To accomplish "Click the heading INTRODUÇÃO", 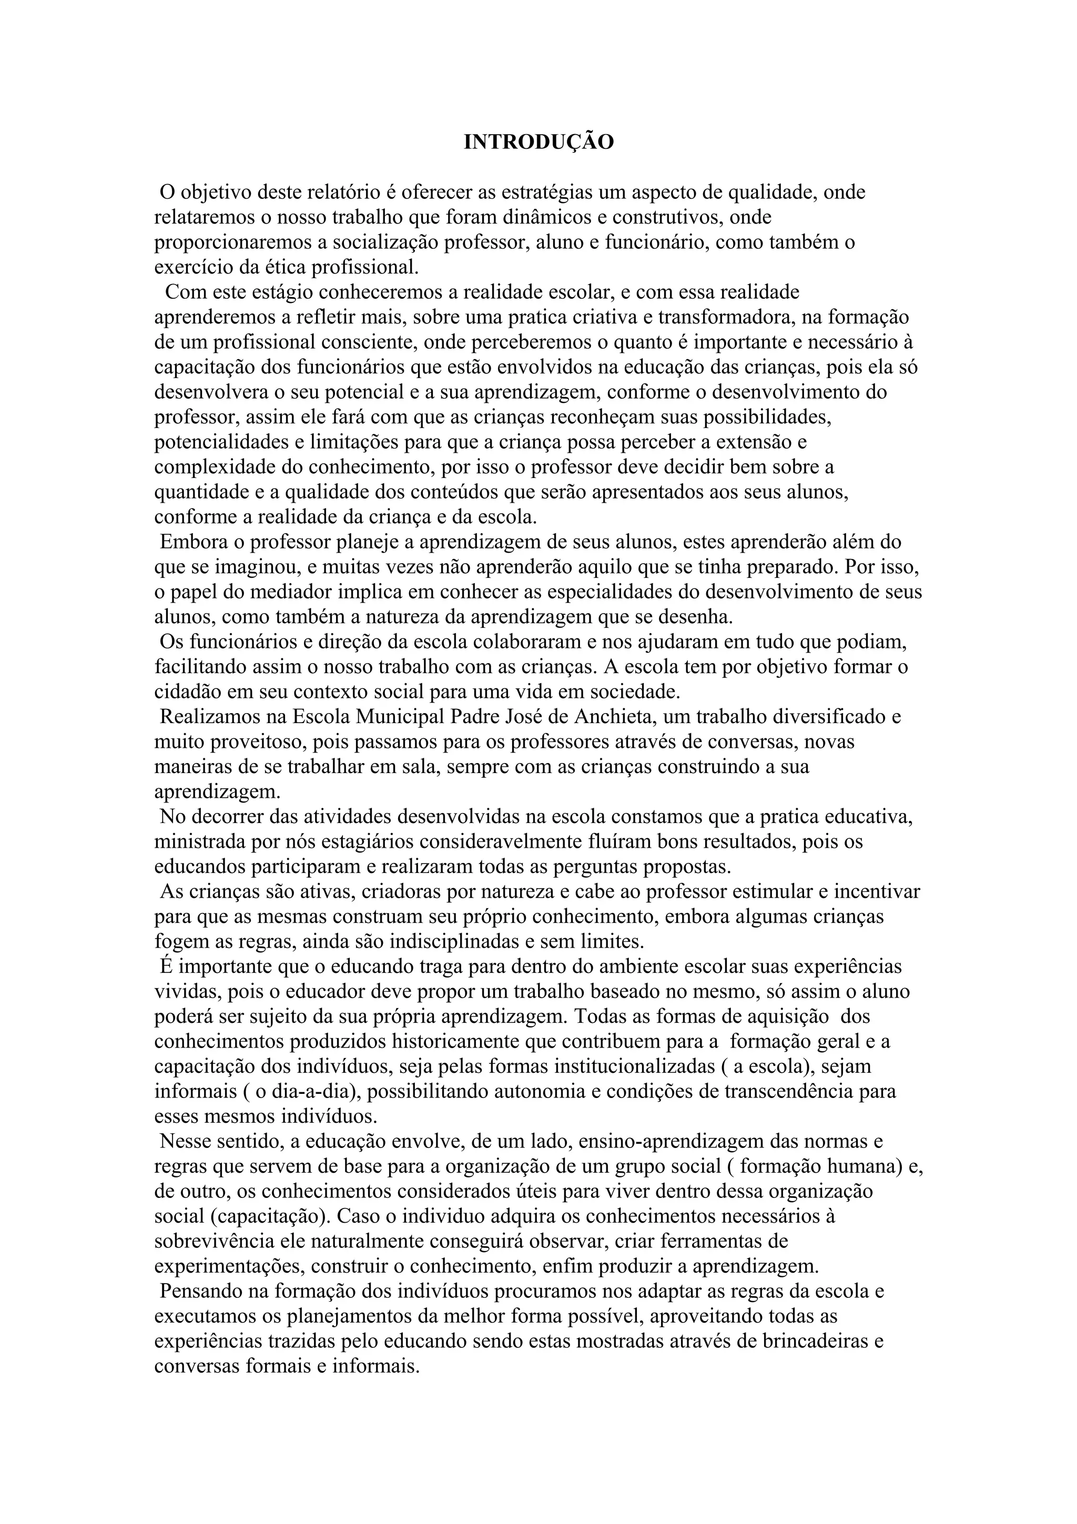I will [538, 143].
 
